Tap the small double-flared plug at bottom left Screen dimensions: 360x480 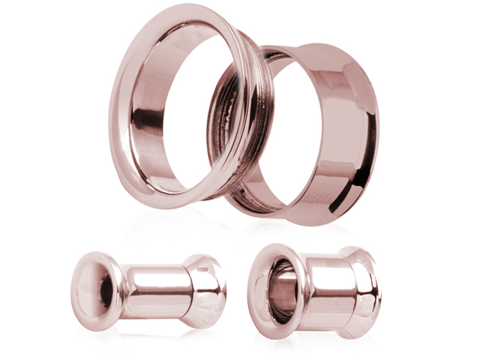(x=150, y=289)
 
